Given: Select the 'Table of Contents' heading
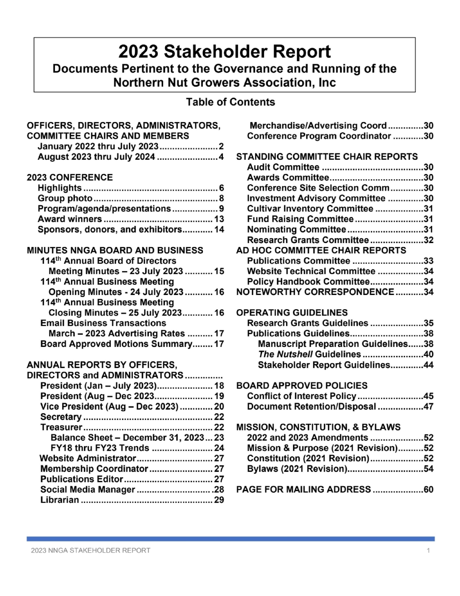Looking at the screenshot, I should [230, 102].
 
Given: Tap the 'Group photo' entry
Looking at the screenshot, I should [65, 198].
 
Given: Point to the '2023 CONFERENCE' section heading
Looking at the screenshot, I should [70, 177].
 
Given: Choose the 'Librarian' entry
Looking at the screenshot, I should [60, 500].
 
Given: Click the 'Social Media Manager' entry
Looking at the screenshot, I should [87, 489].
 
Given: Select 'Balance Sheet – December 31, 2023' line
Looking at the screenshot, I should [127, 437].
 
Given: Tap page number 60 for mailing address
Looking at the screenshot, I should [428, 489].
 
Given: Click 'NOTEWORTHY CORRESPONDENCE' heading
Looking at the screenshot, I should [315, 292].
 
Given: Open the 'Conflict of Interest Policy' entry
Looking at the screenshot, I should [302, 396].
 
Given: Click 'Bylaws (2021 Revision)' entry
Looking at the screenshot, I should [297, 469].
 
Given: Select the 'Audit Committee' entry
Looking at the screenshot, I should [283, 167].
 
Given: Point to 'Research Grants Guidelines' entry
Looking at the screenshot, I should [308, 323].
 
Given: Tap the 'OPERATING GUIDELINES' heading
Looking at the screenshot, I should [292, 312].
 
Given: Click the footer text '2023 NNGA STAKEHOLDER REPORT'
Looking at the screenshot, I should [91, 550].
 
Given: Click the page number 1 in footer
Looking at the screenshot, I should [428, 550].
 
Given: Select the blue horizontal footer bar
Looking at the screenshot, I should [230, 539].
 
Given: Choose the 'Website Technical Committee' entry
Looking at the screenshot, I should [311, 271].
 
